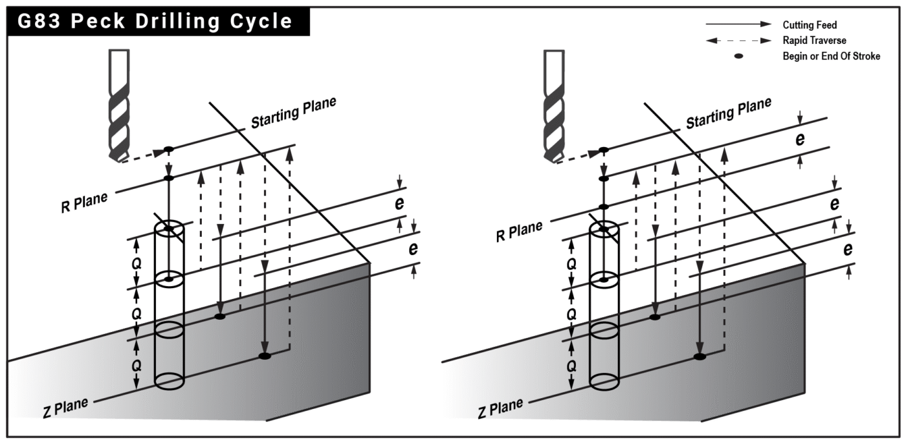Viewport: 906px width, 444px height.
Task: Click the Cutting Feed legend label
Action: point(810,25)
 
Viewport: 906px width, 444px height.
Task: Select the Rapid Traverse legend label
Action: point(814,41)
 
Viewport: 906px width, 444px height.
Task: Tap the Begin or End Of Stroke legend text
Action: point(831,56)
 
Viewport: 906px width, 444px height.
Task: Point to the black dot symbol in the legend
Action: point(738,56)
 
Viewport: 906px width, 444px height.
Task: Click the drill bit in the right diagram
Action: point(553,107)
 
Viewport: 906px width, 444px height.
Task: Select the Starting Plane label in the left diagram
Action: point(293,112)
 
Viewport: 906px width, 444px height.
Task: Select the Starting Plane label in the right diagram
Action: point(728,112)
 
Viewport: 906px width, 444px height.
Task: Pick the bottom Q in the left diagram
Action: point(137,365)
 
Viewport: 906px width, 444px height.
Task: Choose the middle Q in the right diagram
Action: point(571,315)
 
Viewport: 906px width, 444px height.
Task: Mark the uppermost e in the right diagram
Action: point(800,139)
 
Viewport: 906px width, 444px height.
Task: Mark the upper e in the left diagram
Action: point(400,203)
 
